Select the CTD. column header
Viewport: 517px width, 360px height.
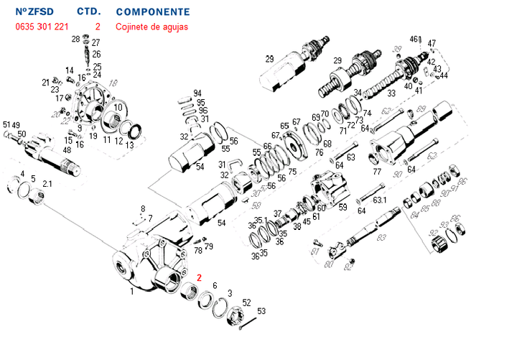(88, 12)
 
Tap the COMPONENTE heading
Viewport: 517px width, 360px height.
(153, 12)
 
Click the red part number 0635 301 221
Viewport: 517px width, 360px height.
(42, 27)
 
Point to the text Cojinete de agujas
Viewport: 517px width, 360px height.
(152, 27)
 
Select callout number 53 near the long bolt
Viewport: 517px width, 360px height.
(261, 311)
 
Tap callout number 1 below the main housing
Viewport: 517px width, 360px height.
(131, 292)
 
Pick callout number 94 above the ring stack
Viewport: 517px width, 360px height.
(197, 93)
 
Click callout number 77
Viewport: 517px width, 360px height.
(376, 171)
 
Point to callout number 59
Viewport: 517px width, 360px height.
(343, 208)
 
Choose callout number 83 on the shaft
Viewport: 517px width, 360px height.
(381, 237)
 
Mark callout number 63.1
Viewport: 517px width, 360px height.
(380, 200)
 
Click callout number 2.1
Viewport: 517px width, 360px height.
(47, 185)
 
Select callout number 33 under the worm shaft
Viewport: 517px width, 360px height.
(392, 93)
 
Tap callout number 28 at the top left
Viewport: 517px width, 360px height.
(75, 39)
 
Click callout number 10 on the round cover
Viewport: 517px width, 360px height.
(119, 107)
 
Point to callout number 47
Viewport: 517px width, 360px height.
(432, 44)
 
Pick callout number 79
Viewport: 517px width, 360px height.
(209, 246)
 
